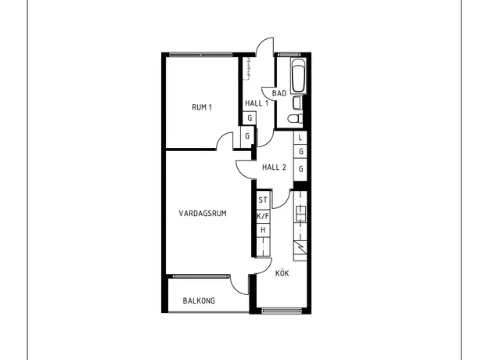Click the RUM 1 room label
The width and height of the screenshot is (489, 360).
(202, 107)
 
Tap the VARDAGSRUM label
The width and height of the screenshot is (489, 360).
(203, 214)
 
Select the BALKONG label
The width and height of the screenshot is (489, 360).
(199, 301)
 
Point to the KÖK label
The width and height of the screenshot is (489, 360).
(282, 273)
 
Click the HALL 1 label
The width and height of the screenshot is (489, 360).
(257, 103)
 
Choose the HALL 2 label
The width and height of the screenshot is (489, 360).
(274, 167)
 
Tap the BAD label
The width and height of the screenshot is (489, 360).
(279, 93)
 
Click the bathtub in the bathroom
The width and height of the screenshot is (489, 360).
(298, 75)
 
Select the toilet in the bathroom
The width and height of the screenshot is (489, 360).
(295, 118)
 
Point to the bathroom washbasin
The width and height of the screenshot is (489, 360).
(297, 103)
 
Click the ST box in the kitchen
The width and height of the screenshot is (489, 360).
(263, 200)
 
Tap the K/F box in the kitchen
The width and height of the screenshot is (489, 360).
(263, 216)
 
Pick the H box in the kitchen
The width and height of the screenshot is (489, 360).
(263, 230)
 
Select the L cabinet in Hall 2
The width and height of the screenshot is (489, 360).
(300, 138)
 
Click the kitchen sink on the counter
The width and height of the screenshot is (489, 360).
(300, 214)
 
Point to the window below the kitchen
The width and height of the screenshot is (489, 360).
(282, 310)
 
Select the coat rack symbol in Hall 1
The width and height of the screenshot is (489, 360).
(249, 69)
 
